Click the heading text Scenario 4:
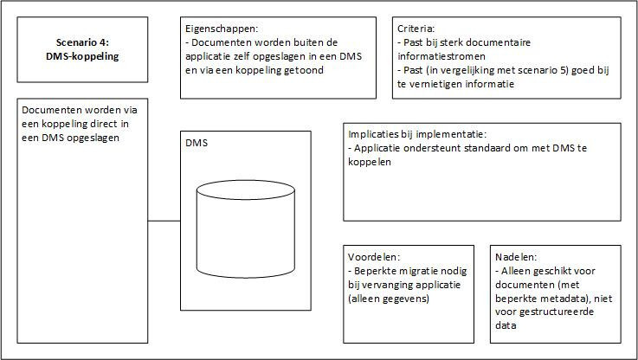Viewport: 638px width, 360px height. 82,42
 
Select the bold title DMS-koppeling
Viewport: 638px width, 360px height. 82,56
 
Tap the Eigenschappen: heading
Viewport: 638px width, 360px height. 222,29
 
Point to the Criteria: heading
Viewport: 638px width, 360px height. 416,29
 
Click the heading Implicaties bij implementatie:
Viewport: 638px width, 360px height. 417,135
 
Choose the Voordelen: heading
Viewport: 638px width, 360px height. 374,257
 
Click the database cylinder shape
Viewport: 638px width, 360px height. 246,229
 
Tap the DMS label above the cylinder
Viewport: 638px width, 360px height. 197,143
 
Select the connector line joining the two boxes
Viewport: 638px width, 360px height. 164,221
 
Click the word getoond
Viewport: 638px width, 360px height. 305,70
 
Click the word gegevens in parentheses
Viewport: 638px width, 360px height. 408,299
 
